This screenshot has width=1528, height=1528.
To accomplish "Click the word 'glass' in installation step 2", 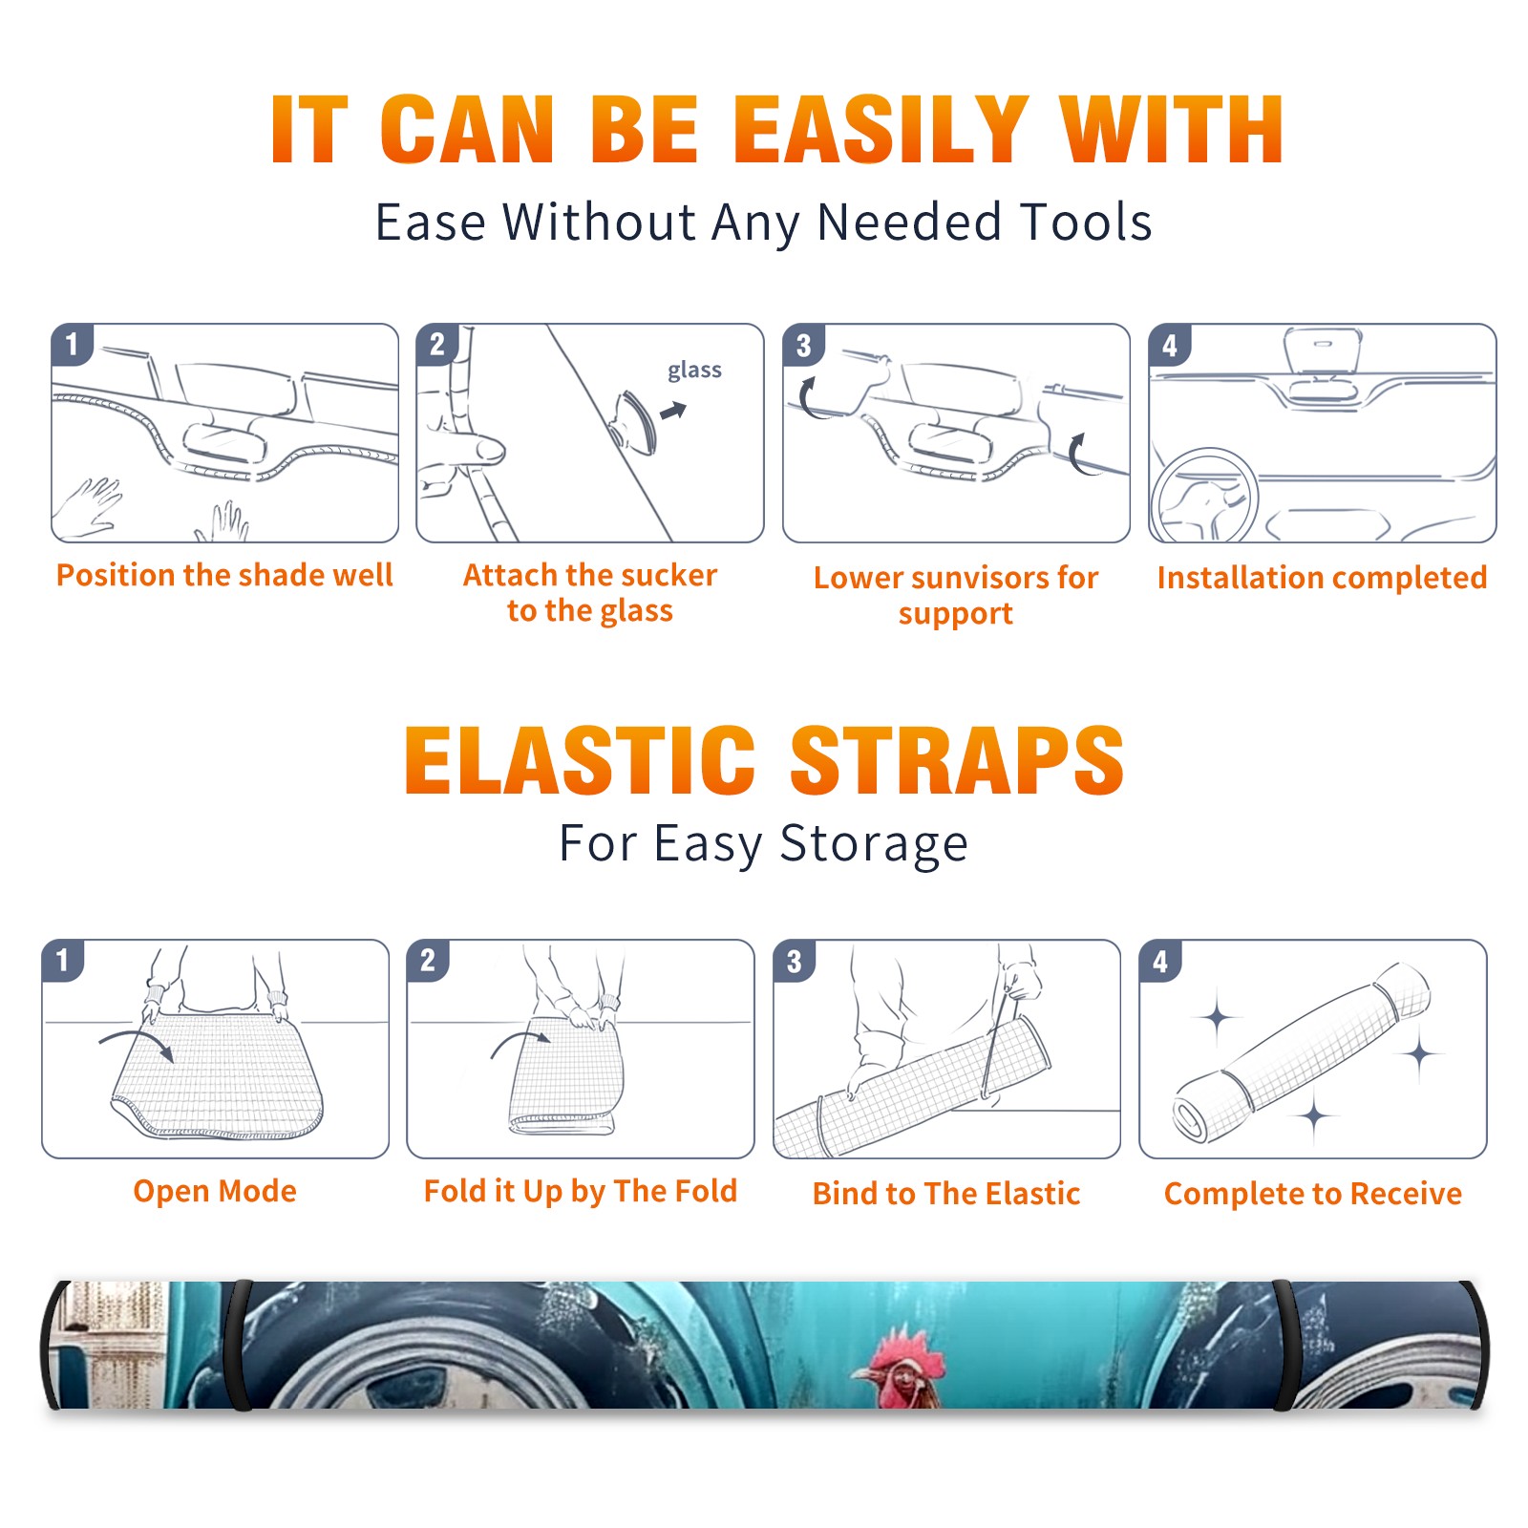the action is coord(694,371).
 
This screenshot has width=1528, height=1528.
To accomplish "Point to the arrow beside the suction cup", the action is coord(673,411).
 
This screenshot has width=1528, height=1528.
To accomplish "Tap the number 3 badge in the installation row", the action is coord(803,345).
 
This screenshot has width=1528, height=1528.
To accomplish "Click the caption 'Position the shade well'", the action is coord(224,575).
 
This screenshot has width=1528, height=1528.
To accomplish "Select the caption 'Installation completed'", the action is coord(1322,577).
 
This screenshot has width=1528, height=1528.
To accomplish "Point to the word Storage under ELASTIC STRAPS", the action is coord(874,844).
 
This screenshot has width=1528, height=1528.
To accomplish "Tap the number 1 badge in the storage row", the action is coord(63,960).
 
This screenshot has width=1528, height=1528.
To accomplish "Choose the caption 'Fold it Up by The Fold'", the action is coord(581,1191).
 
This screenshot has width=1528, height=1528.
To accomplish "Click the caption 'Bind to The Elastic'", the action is coord(946,1193).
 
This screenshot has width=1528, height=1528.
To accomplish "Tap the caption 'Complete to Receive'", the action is coord(1313,1194).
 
